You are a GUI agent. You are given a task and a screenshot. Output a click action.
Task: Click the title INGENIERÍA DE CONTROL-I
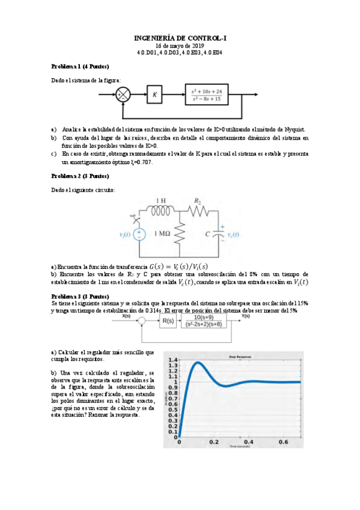point(180,38)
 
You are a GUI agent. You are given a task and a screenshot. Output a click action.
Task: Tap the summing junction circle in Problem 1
point(123,94)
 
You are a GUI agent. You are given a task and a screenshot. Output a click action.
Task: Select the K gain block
point(155,94)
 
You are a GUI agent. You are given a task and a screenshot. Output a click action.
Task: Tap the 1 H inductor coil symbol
point(161,211)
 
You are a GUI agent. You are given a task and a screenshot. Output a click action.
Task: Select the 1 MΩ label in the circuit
point(163,233)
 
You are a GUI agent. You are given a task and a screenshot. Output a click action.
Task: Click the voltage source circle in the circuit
point(139,234)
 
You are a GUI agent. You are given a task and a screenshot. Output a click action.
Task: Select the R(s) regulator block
point(167,321)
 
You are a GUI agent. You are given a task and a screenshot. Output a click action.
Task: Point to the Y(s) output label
point(246,316)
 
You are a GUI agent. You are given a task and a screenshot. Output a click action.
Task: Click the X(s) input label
point(126,316)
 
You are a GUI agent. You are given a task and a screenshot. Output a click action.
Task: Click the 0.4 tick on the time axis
point(249,442)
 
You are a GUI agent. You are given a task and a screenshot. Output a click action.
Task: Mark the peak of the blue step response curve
point(198,363)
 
